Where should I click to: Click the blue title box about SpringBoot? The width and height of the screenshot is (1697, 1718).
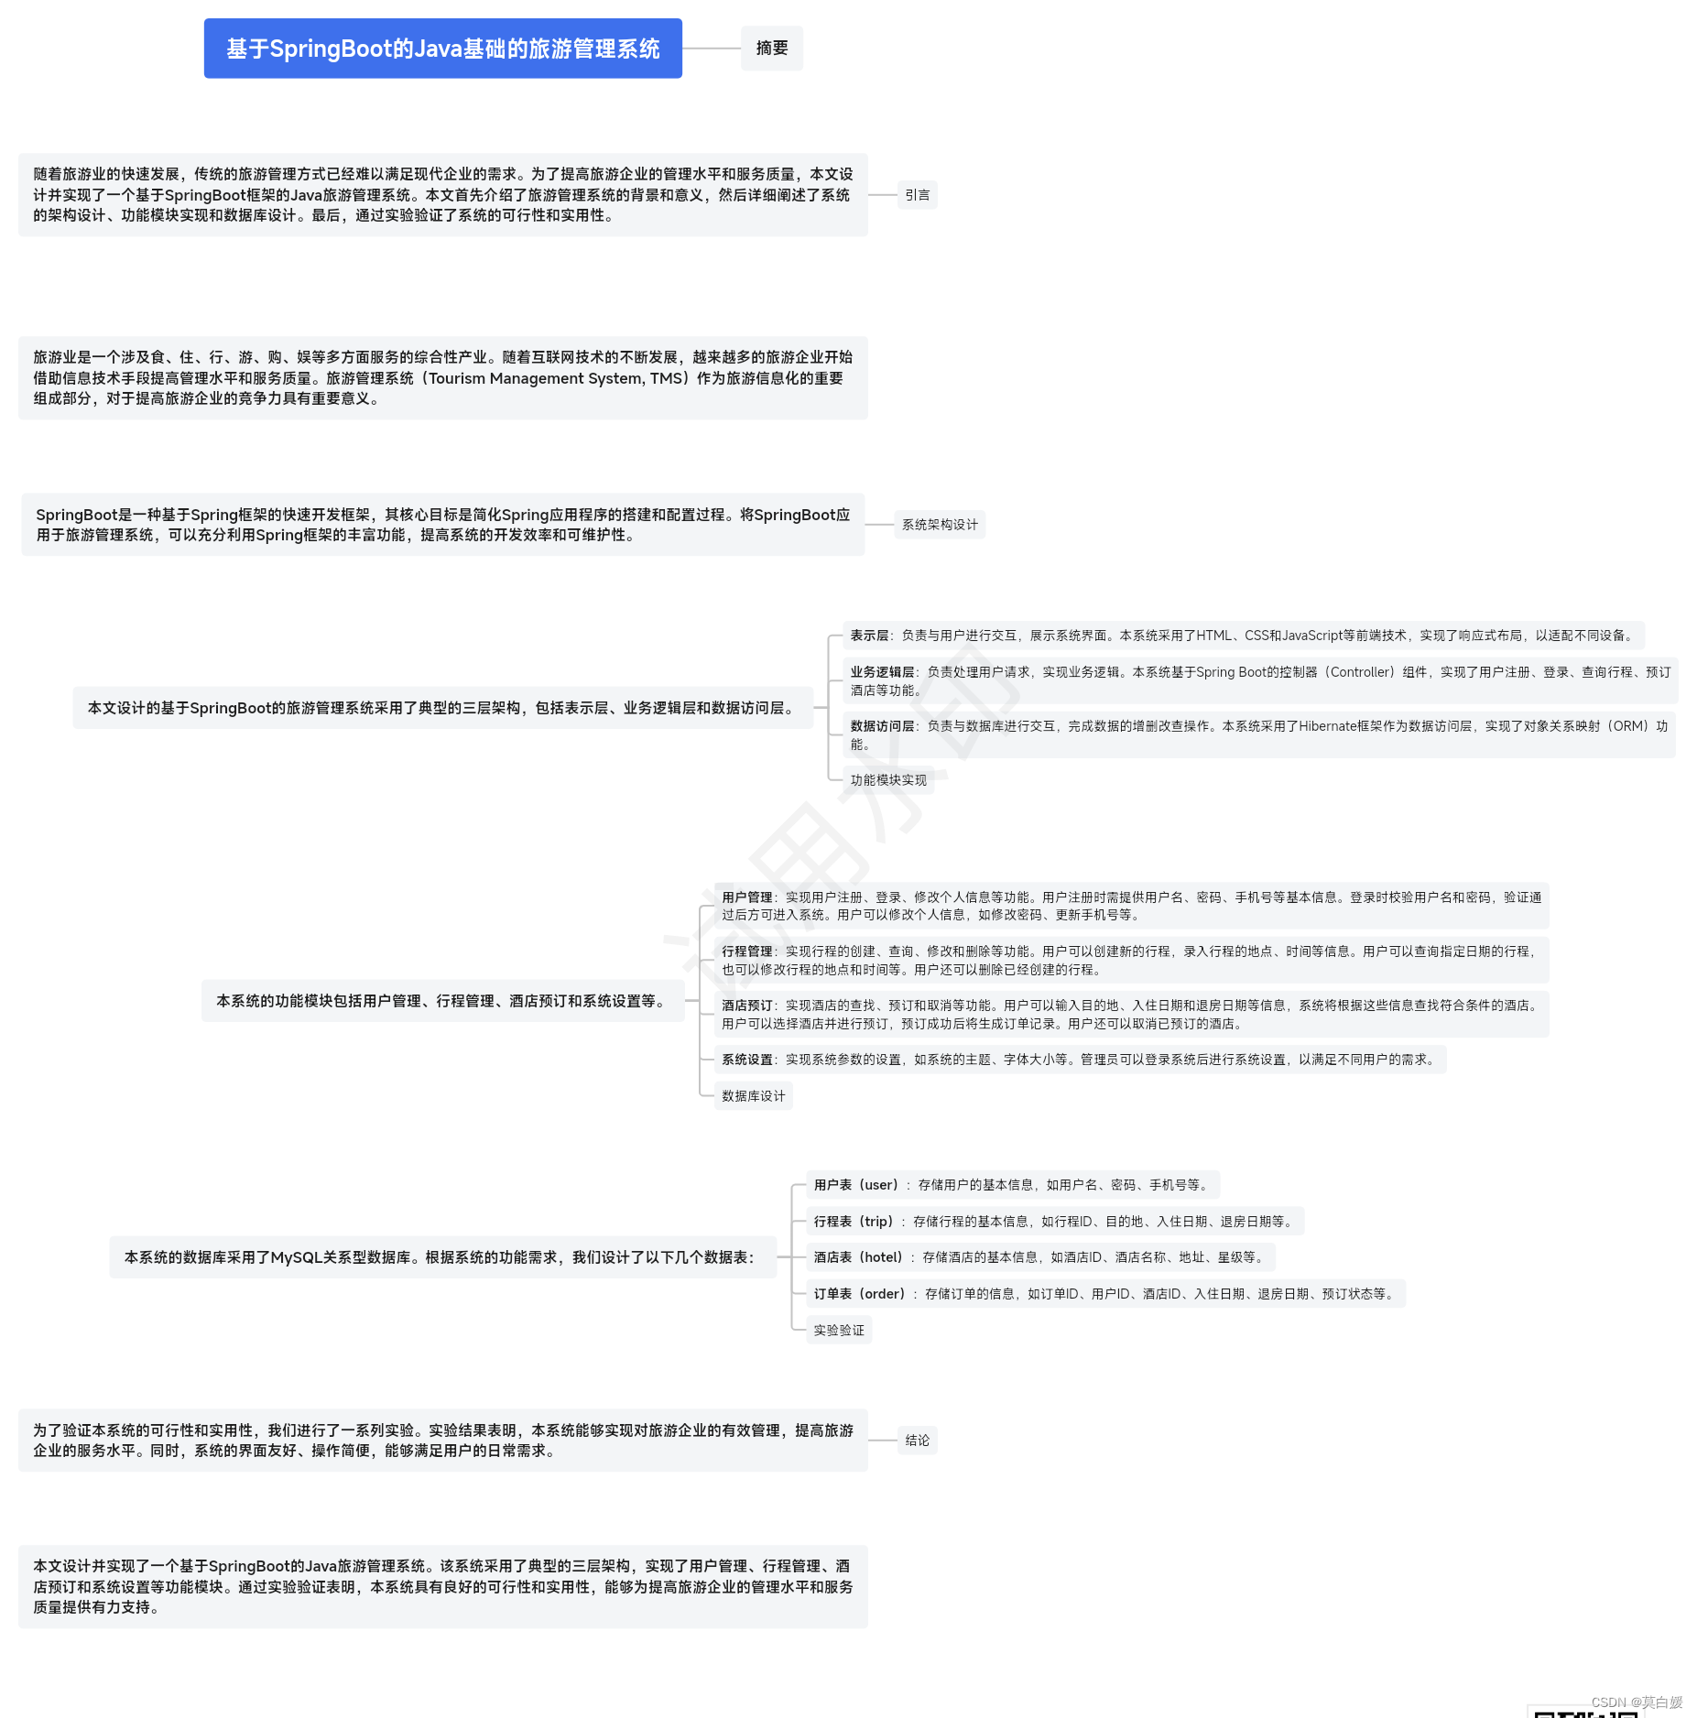(442, 49)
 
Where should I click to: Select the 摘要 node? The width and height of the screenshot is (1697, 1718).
(771, 49)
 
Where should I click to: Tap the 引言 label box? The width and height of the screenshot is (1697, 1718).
(916, 195)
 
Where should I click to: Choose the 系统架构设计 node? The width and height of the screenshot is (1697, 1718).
(939, 525)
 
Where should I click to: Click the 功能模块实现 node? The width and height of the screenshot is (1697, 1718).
(887, 780)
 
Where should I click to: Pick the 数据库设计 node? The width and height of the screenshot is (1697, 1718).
(753, 1096)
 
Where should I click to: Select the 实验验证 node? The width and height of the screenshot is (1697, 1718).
(838, 1330)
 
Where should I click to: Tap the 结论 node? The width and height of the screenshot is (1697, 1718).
(917, 1441)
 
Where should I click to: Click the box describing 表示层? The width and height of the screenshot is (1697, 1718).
(1243, 636)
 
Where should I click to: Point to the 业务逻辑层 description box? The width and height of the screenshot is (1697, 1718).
(1259, 680)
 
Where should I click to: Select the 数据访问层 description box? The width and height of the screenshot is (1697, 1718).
(1259, 734)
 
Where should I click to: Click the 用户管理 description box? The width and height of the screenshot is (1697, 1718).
(1131, 906)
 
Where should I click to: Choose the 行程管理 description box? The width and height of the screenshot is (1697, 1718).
(1131, 960)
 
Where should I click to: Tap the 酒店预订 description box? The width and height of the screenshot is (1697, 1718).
(1131, 1014)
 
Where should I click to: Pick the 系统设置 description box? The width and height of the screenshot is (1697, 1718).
(1079, 1060)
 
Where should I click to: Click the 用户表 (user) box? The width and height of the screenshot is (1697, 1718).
(1012, 1185)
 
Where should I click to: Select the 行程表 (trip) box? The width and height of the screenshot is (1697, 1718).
(1054, 1221)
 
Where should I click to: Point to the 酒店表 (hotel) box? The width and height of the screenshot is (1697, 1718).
(1039, 1257)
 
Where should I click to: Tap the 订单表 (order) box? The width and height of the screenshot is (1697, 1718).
(1104, 1294)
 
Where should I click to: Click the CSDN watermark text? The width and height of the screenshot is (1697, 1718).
(1636, 1702)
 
